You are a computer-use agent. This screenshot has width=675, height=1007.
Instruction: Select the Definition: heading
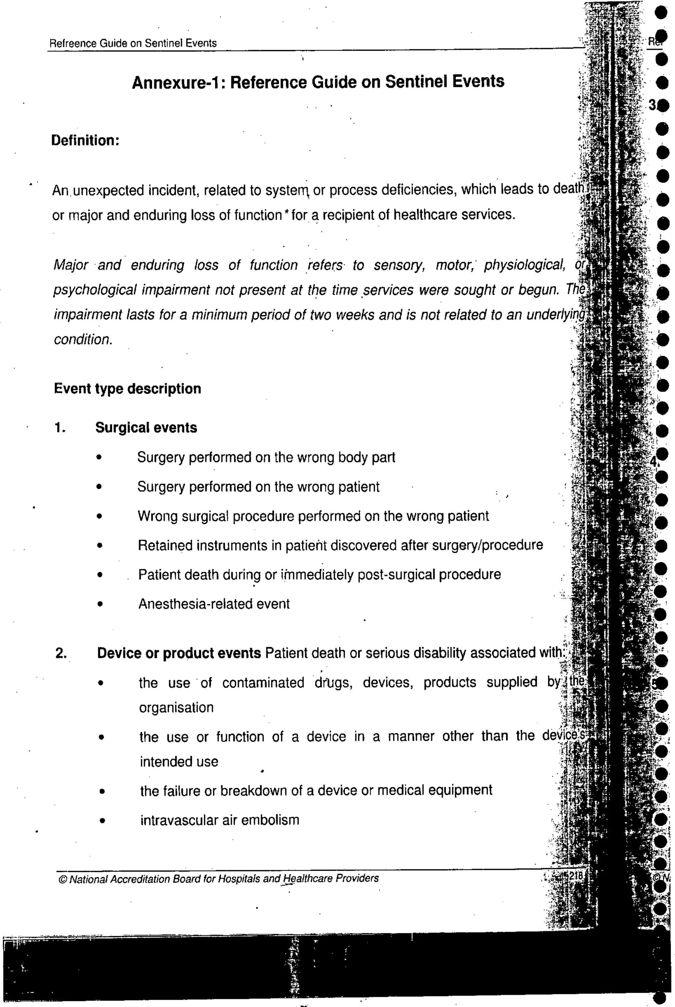pyautogui.click(x=85, y=141)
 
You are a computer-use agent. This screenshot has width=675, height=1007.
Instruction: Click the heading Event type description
pyautogui.click(x=128, y=389)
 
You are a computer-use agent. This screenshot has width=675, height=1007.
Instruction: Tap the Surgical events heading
pyautogui.click(x=146, y=428)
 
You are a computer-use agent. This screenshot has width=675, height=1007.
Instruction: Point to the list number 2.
pyautogui.click(x=61, y=654)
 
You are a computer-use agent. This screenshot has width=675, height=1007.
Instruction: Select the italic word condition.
pyautogui.click(x=83, y=340)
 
